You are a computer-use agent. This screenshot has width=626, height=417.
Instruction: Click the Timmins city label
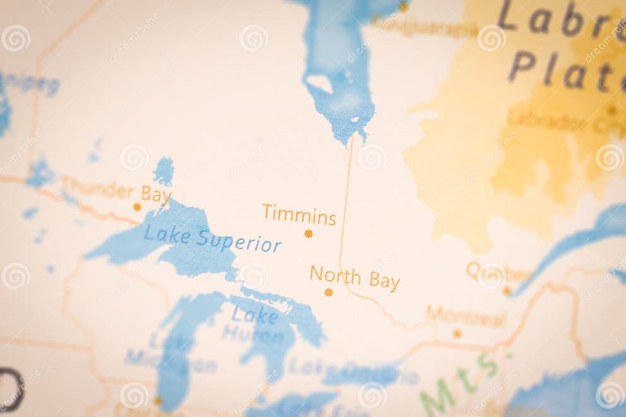pos(299,215)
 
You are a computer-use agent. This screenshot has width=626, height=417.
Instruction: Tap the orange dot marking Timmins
pos(309,233)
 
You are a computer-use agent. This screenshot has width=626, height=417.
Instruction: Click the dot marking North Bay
pos(328,292)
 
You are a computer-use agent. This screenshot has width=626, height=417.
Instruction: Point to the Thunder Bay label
pos(116,191)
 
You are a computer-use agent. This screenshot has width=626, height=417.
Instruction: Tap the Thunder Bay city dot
pos(137,207)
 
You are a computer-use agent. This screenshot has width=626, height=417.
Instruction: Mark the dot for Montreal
pos(457,333)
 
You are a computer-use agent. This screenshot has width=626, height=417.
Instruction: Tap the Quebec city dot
pos(507,291)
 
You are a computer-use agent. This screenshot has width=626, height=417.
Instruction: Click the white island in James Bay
pos(319,83)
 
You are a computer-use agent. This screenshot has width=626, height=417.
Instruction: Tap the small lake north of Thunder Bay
pos(164,170)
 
